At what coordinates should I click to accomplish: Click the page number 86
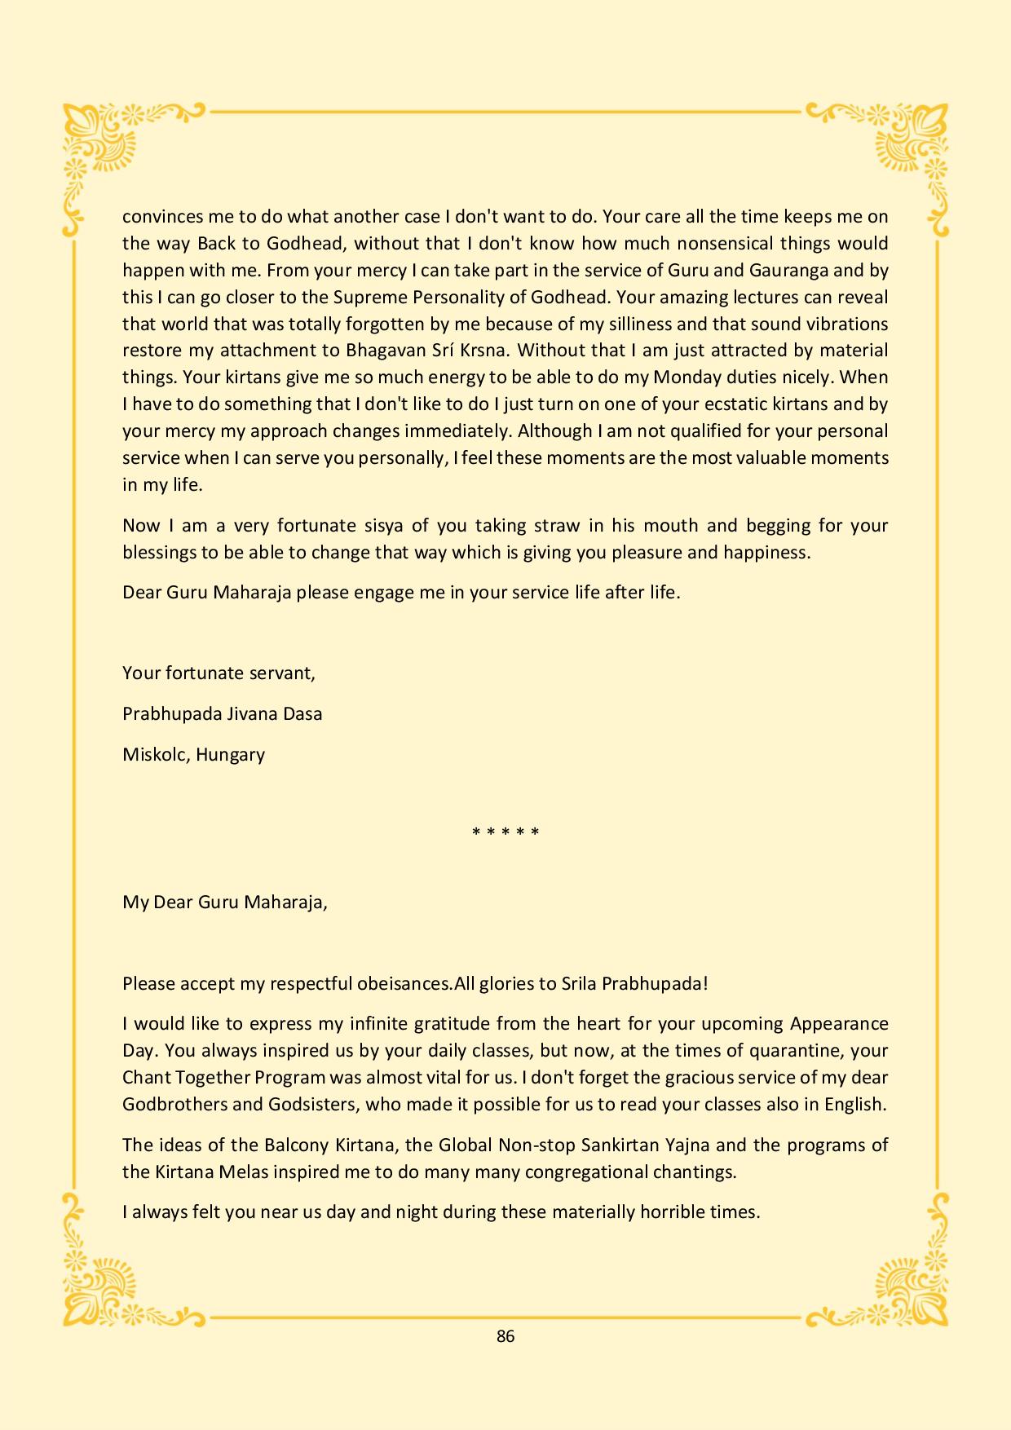[505, 1335]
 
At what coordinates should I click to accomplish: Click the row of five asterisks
[505, 832]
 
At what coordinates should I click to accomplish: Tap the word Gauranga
[784, 270]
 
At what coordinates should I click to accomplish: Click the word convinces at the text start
[158, 217]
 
